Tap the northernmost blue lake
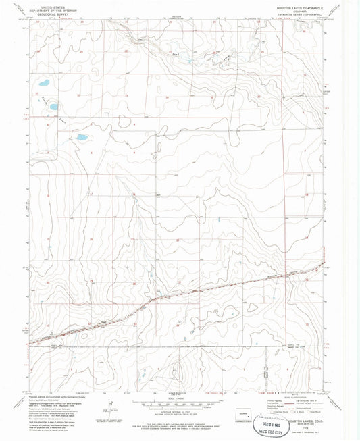click(x=43, y=84)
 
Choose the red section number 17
click(x=90, y=194)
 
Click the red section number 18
click(x=47, y=195)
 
